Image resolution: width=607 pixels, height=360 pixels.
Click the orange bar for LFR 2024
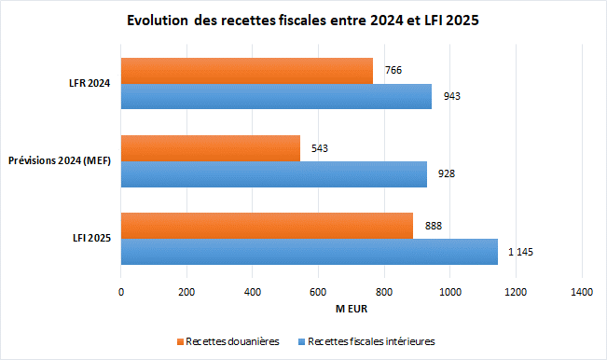point(247,71)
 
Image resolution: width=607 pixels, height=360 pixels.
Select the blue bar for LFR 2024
point(276,96)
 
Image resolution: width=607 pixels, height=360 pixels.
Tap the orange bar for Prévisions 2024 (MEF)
point(211,148)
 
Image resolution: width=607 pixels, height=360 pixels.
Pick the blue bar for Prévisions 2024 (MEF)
point(274,173)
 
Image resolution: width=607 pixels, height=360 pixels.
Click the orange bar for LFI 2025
point(267,226)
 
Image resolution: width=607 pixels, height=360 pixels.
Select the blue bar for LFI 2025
point(310,251)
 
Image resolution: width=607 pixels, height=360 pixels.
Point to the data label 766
point(393,71)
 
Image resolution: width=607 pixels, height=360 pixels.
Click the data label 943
point(452,96)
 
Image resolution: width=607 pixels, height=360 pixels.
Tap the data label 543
point(320,148)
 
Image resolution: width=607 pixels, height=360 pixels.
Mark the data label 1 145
point(521,252)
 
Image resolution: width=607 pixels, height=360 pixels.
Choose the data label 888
point(434,226)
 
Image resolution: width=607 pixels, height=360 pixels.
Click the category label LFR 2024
point(89,84)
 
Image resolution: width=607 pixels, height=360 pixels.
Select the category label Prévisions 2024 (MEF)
point(60,161)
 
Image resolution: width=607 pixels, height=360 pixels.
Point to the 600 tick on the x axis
point(318,293)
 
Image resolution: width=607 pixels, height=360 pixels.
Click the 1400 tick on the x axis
point(581,293)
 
